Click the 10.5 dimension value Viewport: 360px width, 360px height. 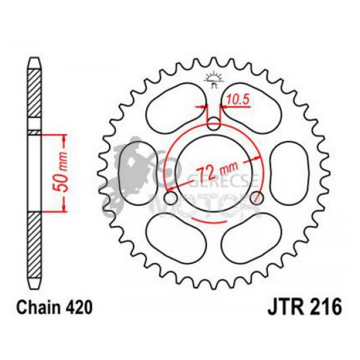coord(236,99)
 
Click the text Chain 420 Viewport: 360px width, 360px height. coord(51,308)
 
